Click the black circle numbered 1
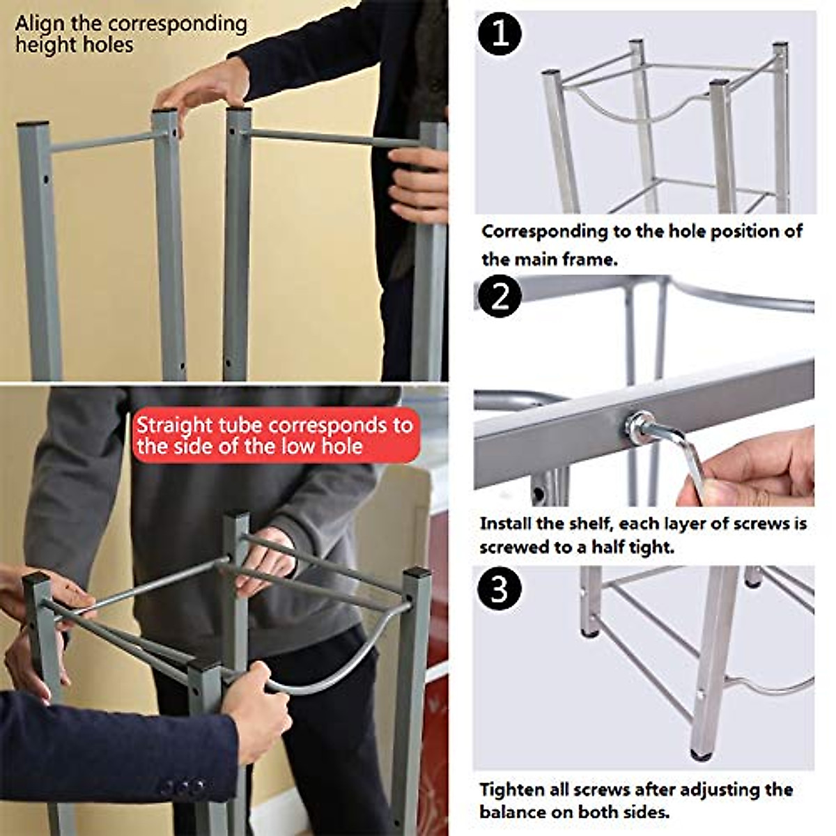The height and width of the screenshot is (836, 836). tap(500, 34)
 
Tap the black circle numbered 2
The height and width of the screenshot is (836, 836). tap(500, 297)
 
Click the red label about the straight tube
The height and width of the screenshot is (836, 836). tap(277, 435)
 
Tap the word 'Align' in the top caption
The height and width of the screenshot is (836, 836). tap(41, 24)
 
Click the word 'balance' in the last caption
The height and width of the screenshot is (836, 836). tap(513, 812)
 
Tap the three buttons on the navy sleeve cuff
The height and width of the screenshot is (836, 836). tap(183, 788)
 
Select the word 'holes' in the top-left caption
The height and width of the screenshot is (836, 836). tap(111, 45)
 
